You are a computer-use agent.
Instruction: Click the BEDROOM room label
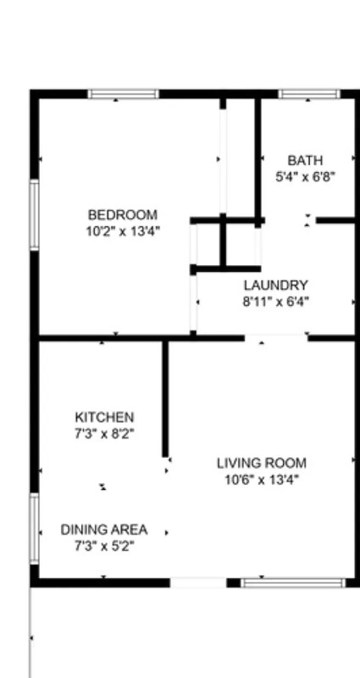click(x=124, y=214)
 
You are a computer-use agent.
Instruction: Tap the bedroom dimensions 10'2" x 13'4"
click(x=124, y=230)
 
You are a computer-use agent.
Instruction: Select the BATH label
click(x=305, y=160)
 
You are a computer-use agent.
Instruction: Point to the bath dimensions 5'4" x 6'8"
click(x=305, y=176)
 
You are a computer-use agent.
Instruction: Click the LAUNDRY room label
click(x=276, y=285)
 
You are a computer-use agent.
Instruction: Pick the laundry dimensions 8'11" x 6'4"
click(x=276, y=301)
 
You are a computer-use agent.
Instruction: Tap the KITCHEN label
click(x=104, y=417)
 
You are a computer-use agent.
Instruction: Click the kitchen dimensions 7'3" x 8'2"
click(x=104, y=433)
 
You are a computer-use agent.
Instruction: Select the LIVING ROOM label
click(x=262, y=463)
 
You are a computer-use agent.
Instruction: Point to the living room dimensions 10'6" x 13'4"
click(x=262, y=479)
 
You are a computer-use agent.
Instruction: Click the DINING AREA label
click(x=103, y=530)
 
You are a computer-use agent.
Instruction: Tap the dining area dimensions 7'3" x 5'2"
click(x=103, y=546)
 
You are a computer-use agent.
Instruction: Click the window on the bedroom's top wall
click(x=124, y=94)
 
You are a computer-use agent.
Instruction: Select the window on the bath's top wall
click(x=309, y=94)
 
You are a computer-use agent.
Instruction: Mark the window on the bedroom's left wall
click(x=35, y=214)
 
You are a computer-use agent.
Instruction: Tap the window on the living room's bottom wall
click(x=293, y=583)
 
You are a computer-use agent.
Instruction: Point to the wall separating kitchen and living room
click(x=165, y=398)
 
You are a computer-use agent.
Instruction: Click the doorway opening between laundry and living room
click(x=276, y=338)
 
